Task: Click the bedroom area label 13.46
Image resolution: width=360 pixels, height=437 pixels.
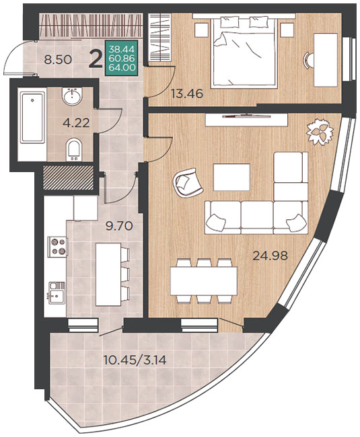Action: [x=187, y=94]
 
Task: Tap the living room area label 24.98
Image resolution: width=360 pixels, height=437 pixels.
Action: [x=270, y=255]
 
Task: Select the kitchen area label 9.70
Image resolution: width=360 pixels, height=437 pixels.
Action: [x=119, y=226]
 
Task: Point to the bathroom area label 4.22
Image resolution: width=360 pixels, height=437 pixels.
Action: [x=76, y=122]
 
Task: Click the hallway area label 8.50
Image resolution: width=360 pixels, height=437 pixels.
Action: [x=58, y=60]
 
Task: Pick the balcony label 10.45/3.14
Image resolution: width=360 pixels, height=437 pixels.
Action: [x=135, y=360]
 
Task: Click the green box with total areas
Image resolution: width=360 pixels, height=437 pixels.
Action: [x=122, y=58]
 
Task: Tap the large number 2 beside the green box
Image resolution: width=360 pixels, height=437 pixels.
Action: [x=96, y=59]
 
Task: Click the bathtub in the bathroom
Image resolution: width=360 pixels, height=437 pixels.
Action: [x=32, y=118]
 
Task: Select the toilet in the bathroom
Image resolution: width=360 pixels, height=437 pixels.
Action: [x=74, y=150]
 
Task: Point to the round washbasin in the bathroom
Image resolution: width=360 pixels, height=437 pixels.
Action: [x=72, y=97]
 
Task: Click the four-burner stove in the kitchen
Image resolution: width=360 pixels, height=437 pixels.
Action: [x=58, y=247]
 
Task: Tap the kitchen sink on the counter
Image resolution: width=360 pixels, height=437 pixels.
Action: [x=57, y=292]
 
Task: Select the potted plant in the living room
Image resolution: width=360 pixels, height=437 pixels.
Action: [x=320, y=132]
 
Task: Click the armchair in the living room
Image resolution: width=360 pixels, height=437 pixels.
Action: [x=187, y=183]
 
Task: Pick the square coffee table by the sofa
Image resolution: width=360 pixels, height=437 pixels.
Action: [x=231, y=177]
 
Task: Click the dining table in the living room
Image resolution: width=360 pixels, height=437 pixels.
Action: [x=204, y=281]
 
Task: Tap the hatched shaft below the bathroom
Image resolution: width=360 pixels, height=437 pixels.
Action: [x=68, y=177]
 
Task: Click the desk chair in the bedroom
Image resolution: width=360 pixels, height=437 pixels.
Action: [x=310, y=60]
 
